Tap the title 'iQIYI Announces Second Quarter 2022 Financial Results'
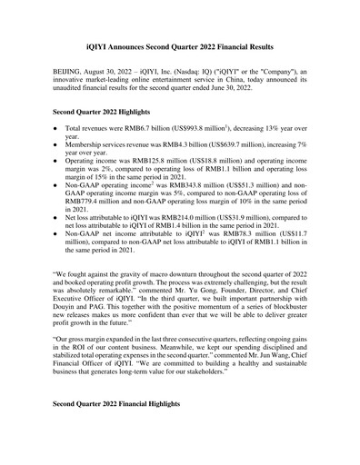click(x=179, y=45)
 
